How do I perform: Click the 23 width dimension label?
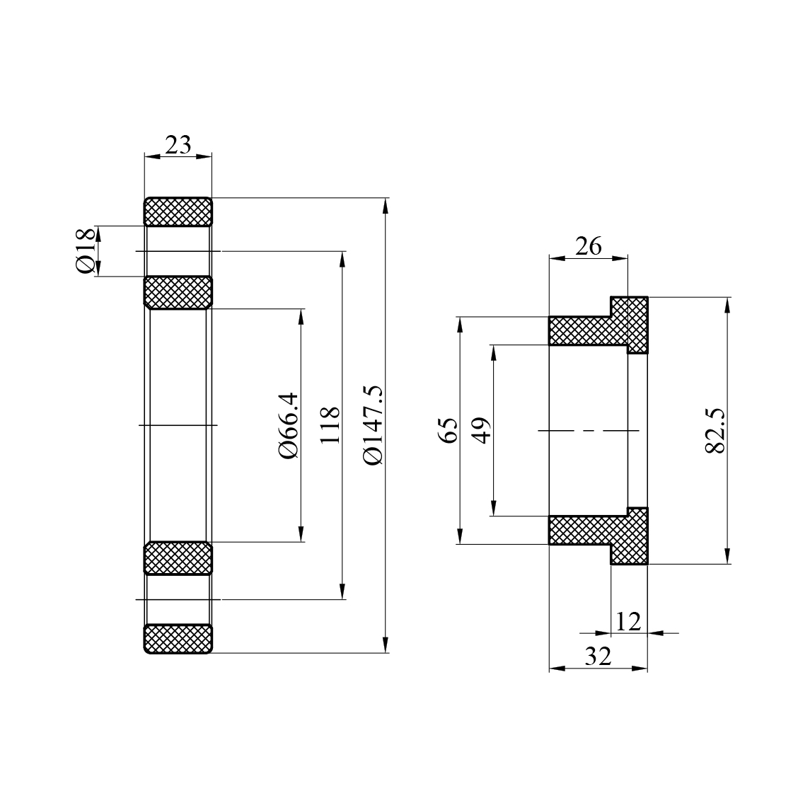[x=178, y=144]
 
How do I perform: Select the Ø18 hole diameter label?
[x=86, y=250]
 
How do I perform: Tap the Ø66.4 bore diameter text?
[x=289, y=425]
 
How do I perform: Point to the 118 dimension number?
[x=330, y=425]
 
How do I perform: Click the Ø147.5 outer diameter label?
[x=372, y=425]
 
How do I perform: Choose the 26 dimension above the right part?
[x=588, y=246]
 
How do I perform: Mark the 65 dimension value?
[x=449, y=430]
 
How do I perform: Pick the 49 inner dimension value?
[x=482, y=430]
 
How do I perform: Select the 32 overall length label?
[x=598, y=657]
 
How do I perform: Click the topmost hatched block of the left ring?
[x=178, y=212]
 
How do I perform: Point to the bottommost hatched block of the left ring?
[x=178, y=639]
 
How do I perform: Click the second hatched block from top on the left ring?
[x=178, y=292]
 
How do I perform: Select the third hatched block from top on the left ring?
[x=178, y=558]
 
